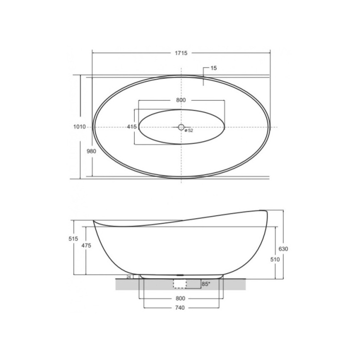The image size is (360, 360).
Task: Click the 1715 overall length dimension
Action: (x=181, y=53)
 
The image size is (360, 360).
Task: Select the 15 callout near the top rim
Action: (x=213, y=68)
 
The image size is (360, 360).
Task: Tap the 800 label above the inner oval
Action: (x=181, y=100)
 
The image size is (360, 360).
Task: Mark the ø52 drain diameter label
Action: (x=189, y=131)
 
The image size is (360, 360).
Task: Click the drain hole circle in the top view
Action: (x=181, y=127)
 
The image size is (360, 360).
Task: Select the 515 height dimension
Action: (x=73, y=239)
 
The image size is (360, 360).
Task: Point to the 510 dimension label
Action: (x=275, y=260)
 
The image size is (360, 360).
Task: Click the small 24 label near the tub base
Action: (x=129, y=277)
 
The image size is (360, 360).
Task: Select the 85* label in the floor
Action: (x=206, y=283)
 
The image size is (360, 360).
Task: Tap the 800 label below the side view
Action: (x=180, y=298)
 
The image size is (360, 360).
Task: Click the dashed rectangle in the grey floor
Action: (x=180, y=284)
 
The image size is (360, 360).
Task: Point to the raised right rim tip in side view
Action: (x=266, y=210)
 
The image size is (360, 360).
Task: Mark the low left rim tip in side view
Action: (x=94, y=222)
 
